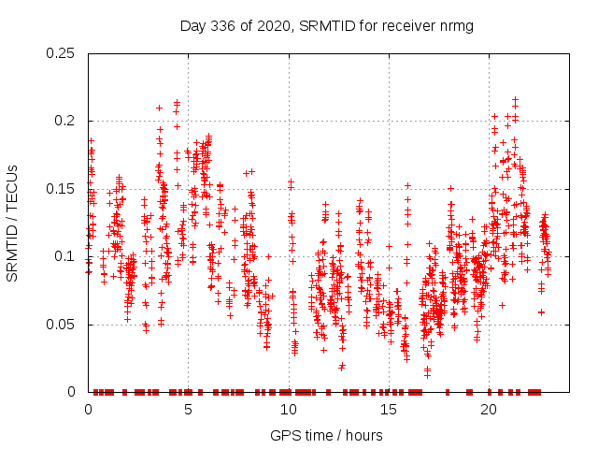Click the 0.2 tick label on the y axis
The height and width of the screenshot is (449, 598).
67,121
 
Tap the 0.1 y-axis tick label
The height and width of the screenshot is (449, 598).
67,256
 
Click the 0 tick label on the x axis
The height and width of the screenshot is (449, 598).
88,410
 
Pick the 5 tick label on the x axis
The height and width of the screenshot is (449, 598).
188,410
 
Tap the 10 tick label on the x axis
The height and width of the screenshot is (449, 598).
288,410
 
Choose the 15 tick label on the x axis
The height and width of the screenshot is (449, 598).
388,410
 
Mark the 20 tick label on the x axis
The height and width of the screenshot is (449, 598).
488,410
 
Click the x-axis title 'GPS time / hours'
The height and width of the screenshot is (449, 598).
326,435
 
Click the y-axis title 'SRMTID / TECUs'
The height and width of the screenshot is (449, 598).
13,223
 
